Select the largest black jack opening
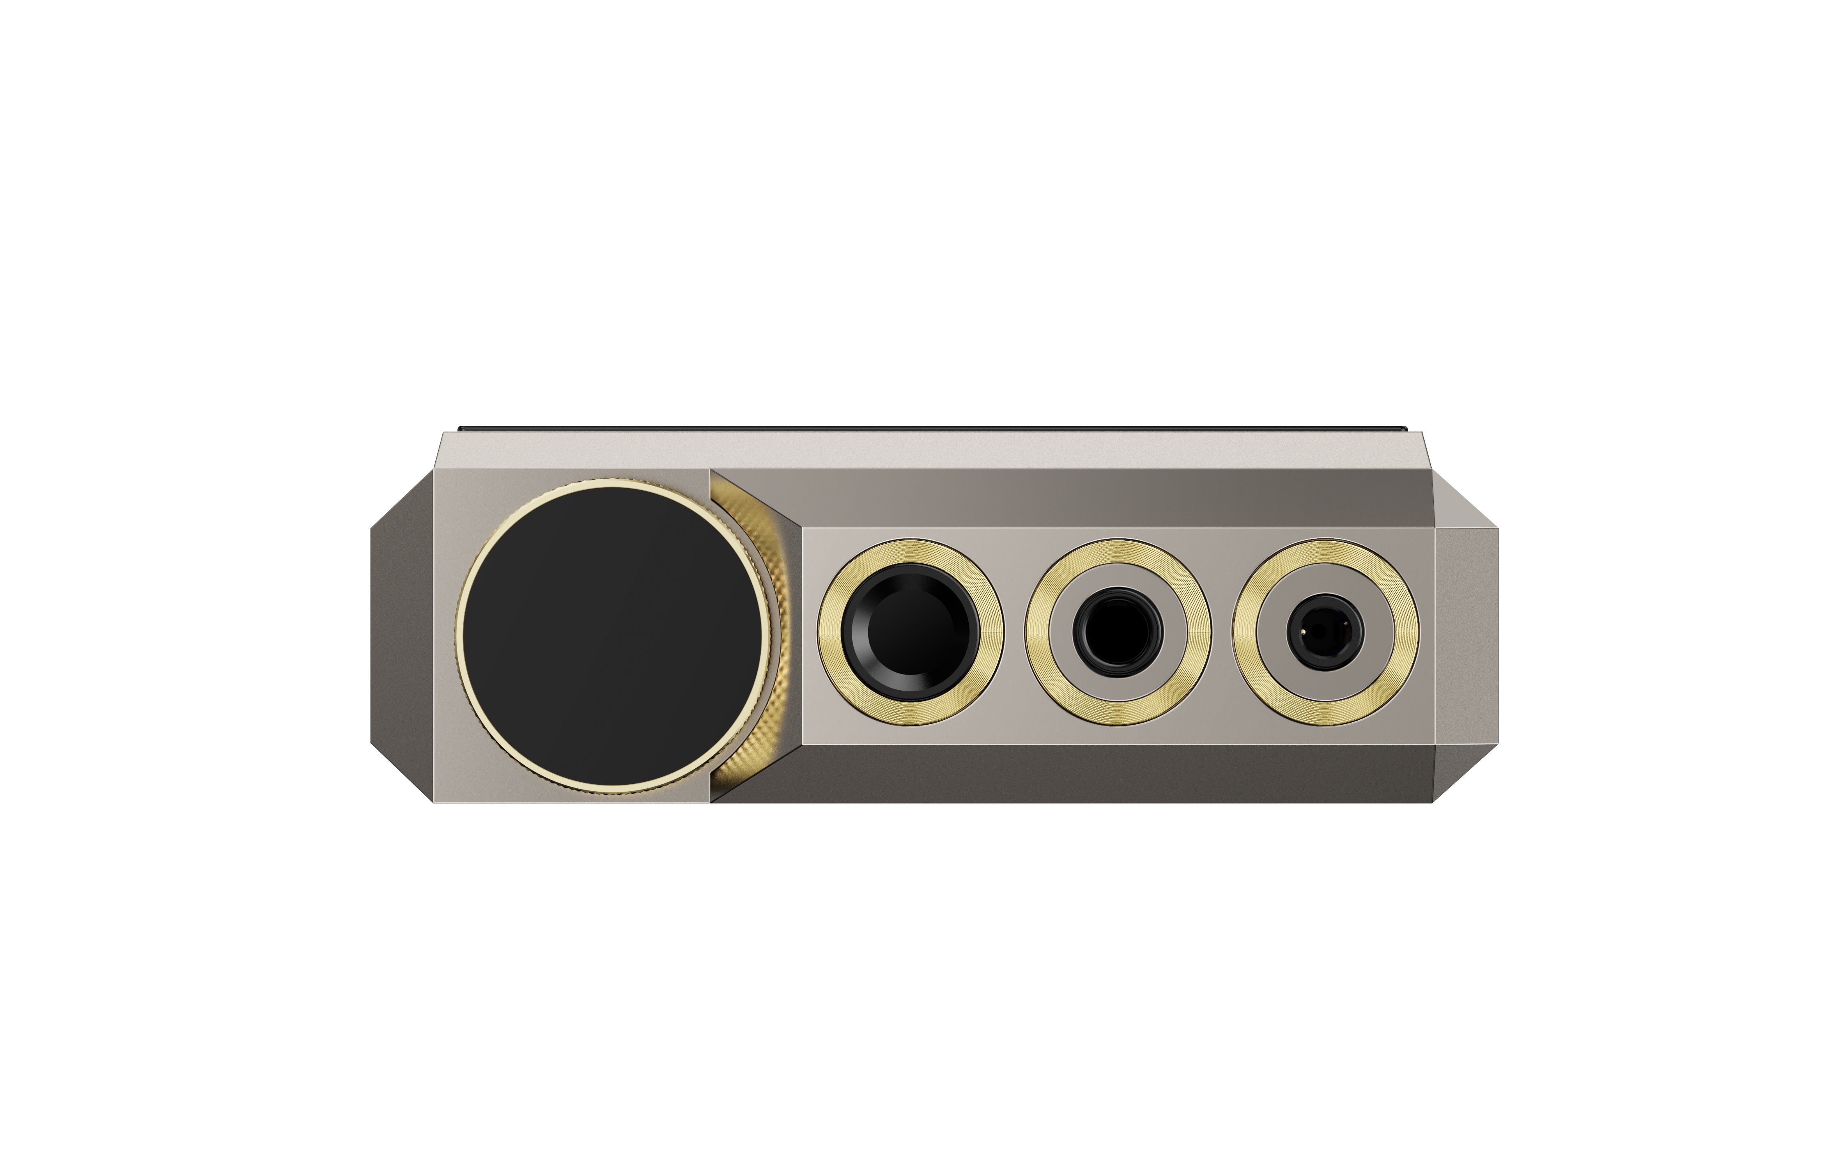tap(910, 632)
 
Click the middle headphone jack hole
tap(1118, 632)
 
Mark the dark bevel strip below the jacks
tap(1069, 773)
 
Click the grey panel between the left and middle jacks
tap(1014, 632)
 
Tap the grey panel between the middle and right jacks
tap(1222, 632)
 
